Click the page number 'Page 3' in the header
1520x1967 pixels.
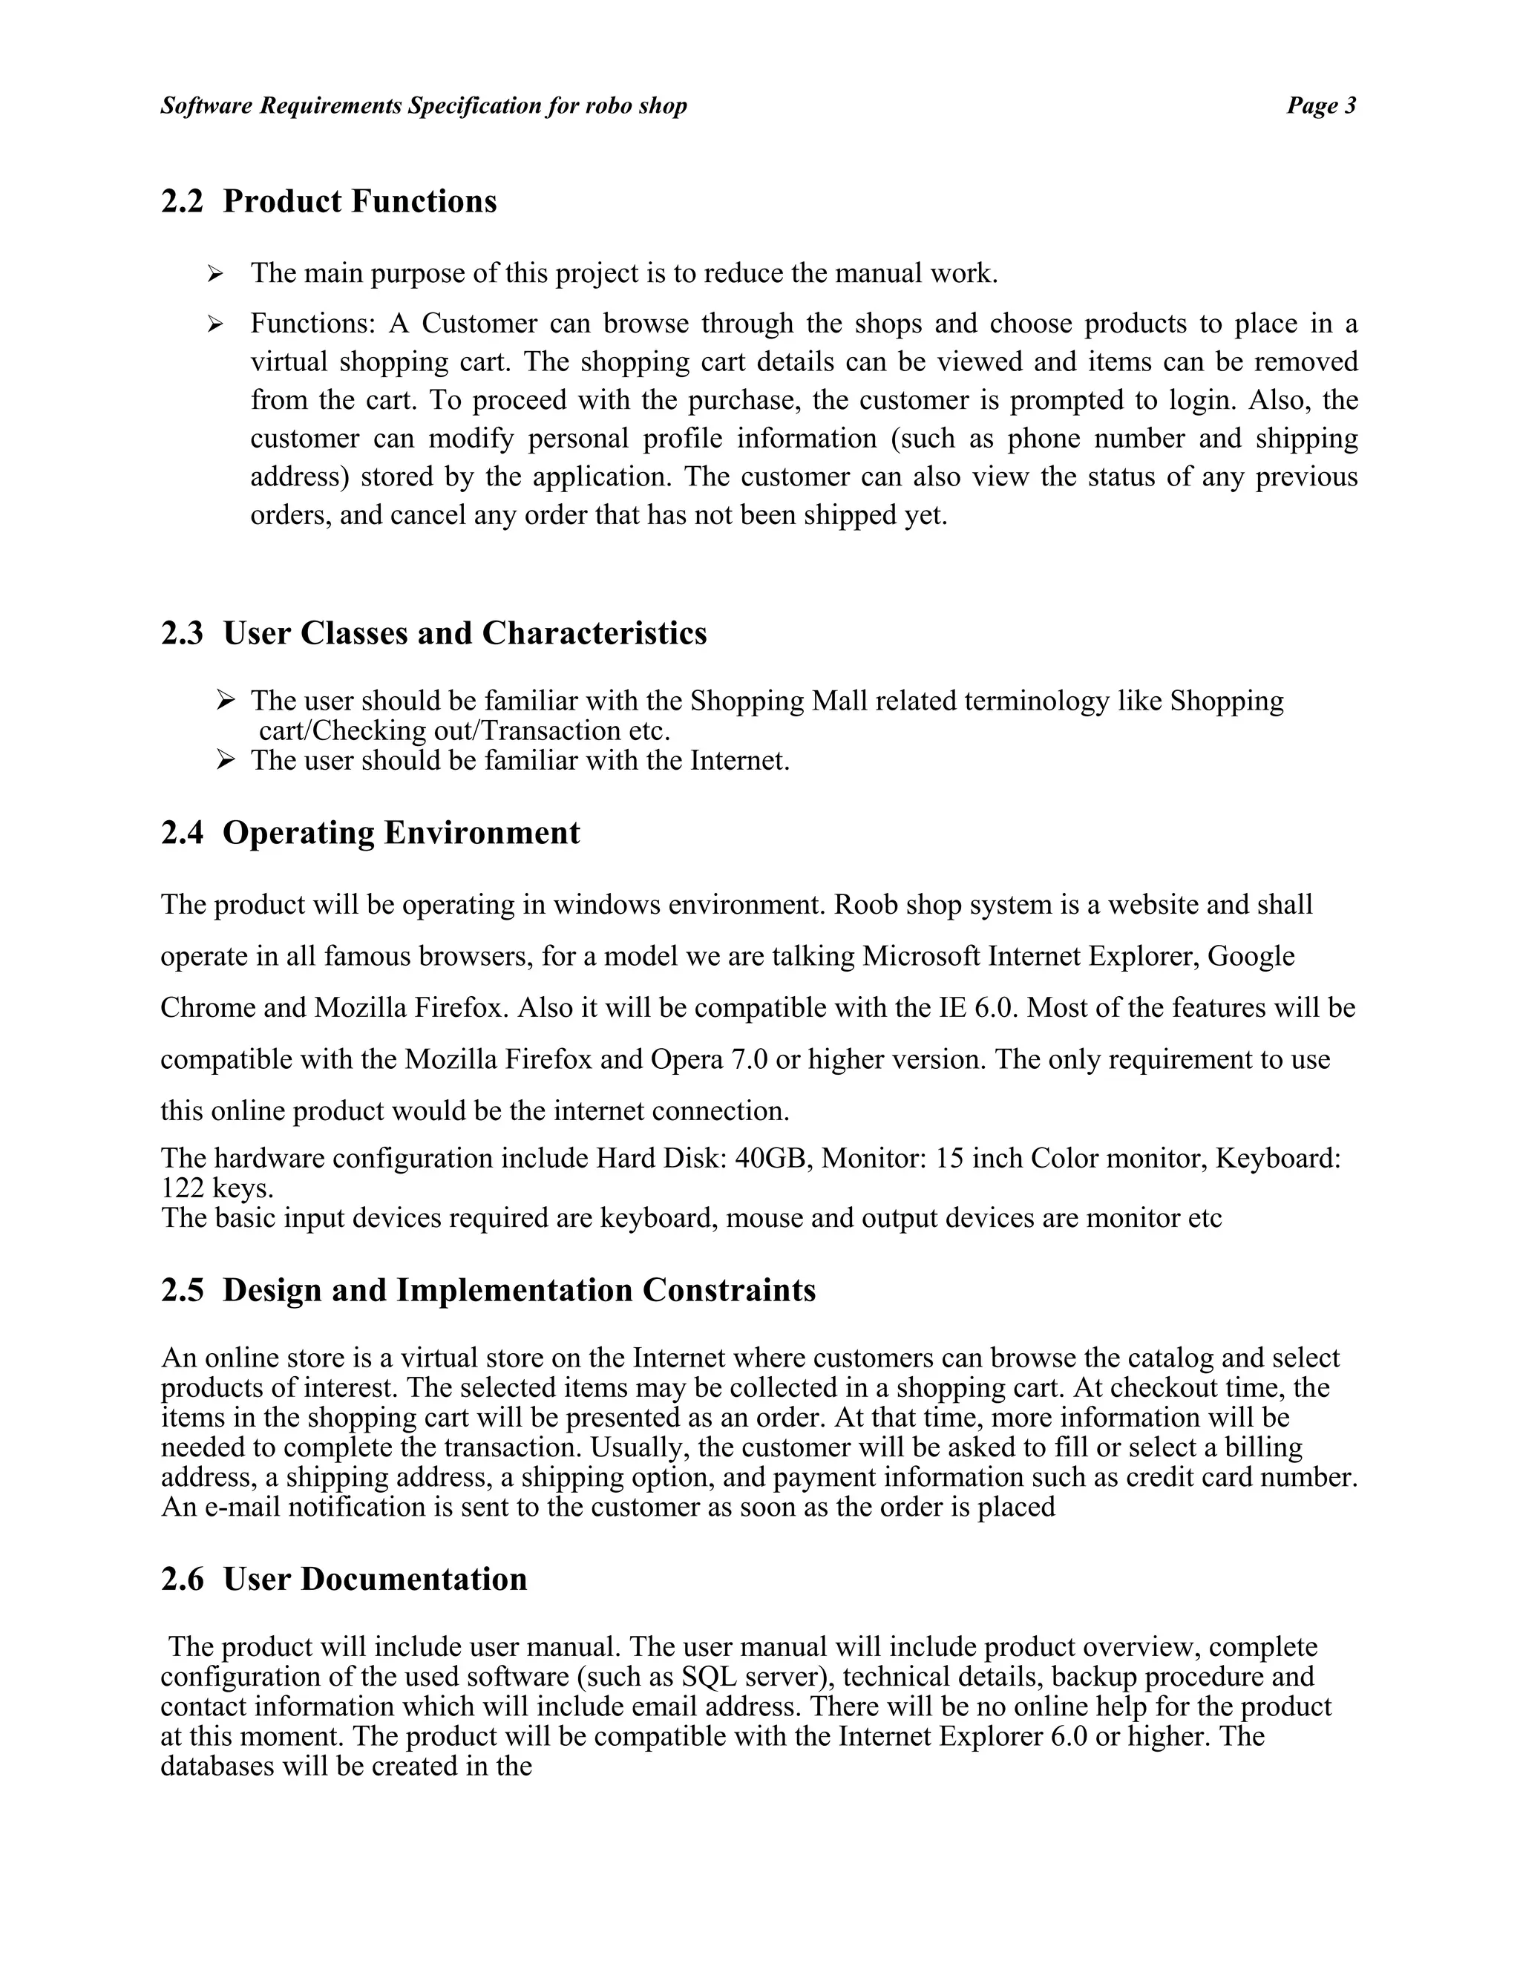(1320, 106)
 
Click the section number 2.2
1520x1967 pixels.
(182, 201)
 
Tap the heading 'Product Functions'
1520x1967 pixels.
(359, 201)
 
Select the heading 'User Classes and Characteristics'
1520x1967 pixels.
(465, 633)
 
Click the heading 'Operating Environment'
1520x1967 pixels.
(401, 832)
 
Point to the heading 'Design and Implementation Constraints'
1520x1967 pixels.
(519, 1290)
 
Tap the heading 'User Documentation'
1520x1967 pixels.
(375, 1579)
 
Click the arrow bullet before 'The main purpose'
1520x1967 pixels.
(214, 274)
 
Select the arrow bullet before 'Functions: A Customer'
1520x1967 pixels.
(214, 324)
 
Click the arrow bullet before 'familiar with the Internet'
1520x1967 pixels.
(226, 761)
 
